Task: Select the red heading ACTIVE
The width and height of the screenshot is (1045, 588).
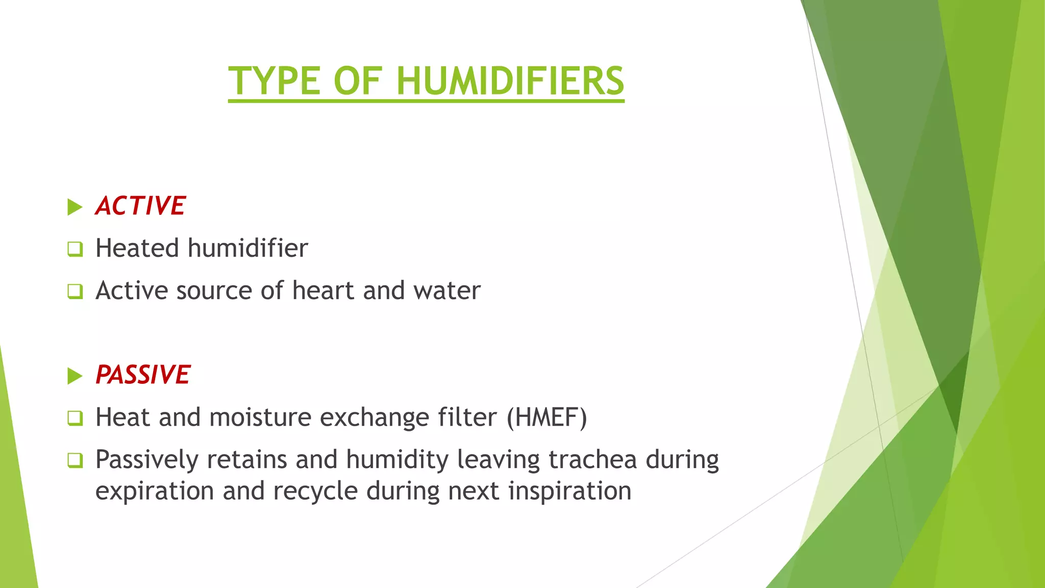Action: (140, 206)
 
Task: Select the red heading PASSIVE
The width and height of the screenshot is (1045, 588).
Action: (143, 375)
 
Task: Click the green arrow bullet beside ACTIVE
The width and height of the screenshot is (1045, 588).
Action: (74, 207)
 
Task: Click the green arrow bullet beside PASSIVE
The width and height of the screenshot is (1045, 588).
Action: (74, 376)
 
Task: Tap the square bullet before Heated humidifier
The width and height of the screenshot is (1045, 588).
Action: (75, 249)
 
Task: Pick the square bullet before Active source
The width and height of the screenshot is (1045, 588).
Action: (75, 291)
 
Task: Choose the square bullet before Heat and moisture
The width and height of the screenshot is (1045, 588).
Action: (75, 419)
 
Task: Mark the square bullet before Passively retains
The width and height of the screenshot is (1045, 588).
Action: (75, 460)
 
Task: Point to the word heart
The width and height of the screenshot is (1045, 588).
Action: (323, 290)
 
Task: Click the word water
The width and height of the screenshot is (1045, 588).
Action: (447, 290)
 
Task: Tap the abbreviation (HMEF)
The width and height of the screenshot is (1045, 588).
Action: (546, 418)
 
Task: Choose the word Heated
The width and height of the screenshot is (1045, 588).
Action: (137, 249)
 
